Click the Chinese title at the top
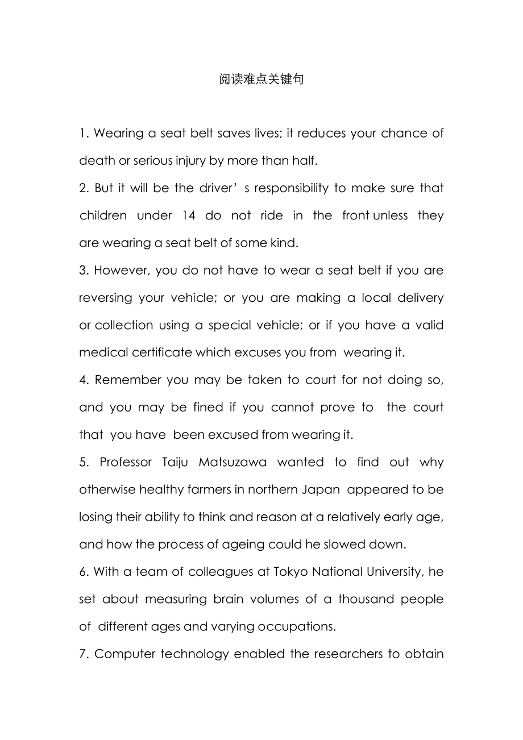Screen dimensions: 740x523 click(x=261, y=79)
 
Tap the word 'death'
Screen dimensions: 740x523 click(x=97, y=161)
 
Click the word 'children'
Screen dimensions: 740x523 click(x=103, y=215)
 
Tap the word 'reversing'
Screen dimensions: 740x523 click(x=105, y=298)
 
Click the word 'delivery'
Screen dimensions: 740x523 click(x=421, y=298)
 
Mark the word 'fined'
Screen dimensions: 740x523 click(x=208, y=408)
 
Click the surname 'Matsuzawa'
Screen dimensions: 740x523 click(x=233, y=462)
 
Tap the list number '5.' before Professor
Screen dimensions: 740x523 click(x=85, y=462)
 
